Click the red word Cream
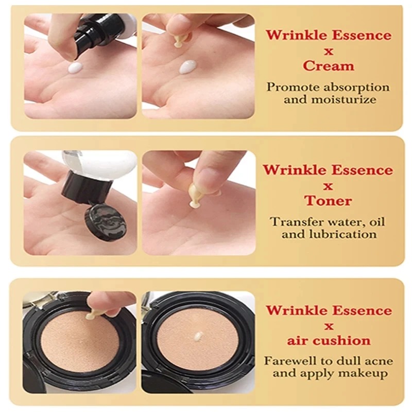pyautogui.click(x=329, y=66)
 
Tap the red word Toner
pyautogui.click(x=328, y=200)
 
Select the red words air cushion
pyautogui.click(x=329, y=340)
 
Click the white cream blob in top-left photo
pyautogui.click(x=75, y=67)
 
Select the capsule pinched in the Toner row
pyautogui.click(x=195, y=196)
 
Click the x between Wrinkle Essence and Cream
pyautogui.click(x=329, y=50)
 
